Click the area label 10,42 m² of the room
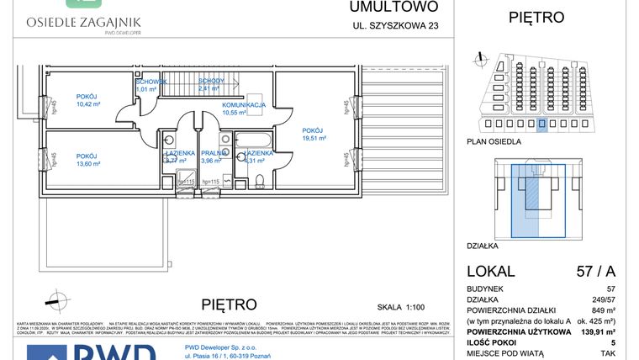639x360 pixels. point(88,104)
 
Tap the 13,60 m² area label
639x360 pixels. point(88,165)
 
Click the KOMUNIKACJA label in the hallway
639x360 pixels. point(245,105)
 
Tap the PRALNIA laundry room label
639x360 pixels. point(212,153)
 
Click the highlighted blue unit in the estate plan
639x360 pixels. point(542,125)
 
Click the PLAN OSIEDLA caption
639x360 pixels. point(494,142)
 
